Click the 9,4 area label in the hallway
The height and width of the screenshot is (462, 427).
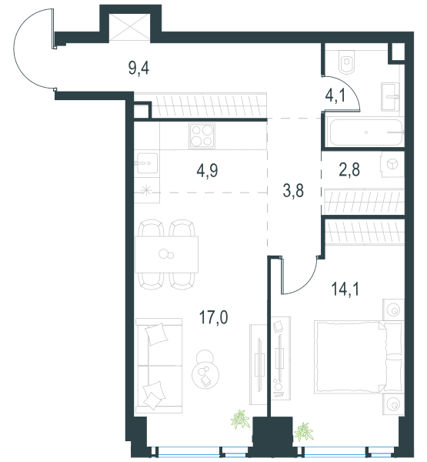(x=138, y=69)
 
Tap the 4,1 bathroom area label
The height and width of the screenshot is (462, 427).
(x=335, y=95)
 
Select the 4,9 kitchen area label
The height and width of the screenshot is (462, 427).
(x=207, y=171)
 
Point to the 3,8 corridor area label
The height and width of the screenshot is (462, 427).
(x=293, y=191)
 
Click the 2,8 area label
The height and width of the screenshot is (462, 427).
(x=349, y=170)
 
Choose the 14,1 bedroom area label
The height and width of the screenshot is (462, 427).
(x=345, y=289)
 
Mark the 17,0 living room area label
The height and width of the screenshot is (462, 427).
(x=214, y=317)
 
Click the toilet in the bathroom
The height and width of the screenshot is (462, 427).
(x=347, y=62)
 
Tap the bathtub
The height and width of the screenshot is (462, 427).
(x=366, y=132)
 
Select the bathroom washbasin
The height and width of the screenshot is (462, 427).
(x=390, y=97)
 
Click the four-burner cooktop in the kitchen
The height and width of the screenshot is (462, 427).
(x=202, y=136)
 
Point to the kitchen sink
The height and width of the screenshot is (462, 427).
(x=146, y=163)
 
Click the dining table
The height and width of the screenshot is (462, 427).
(x=166, y=254)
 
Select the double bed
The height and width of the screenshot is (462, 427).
(x=358, y=357)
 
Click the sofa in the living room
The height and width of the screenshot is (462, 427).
(x=158, y=366)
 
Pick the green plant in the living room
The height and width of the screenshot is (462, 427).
(x=241, y=420)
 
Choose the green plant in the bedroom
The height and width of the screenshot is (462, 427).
(x=304, y=432)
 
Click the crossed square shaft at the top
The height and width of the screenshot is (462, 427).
(x=129, y=28)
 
